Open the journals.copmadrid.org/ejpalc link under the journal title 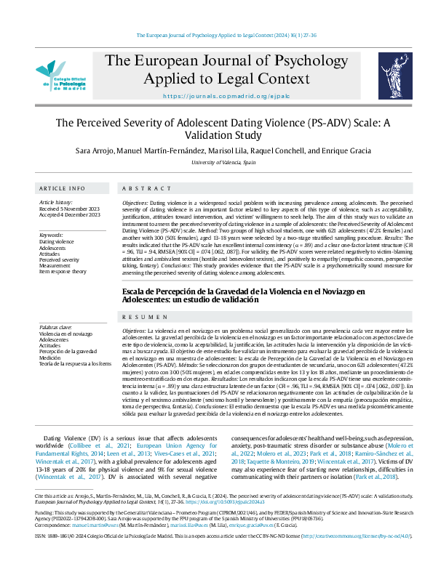coord(216,96)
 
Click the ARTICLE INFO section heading coord(62,187)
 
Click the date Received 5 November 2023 coord(70,209)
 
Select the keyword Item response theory coord(63,271)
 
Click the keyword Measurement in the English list coord(55,265)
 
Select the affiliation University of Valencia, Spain coord(216,164)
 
